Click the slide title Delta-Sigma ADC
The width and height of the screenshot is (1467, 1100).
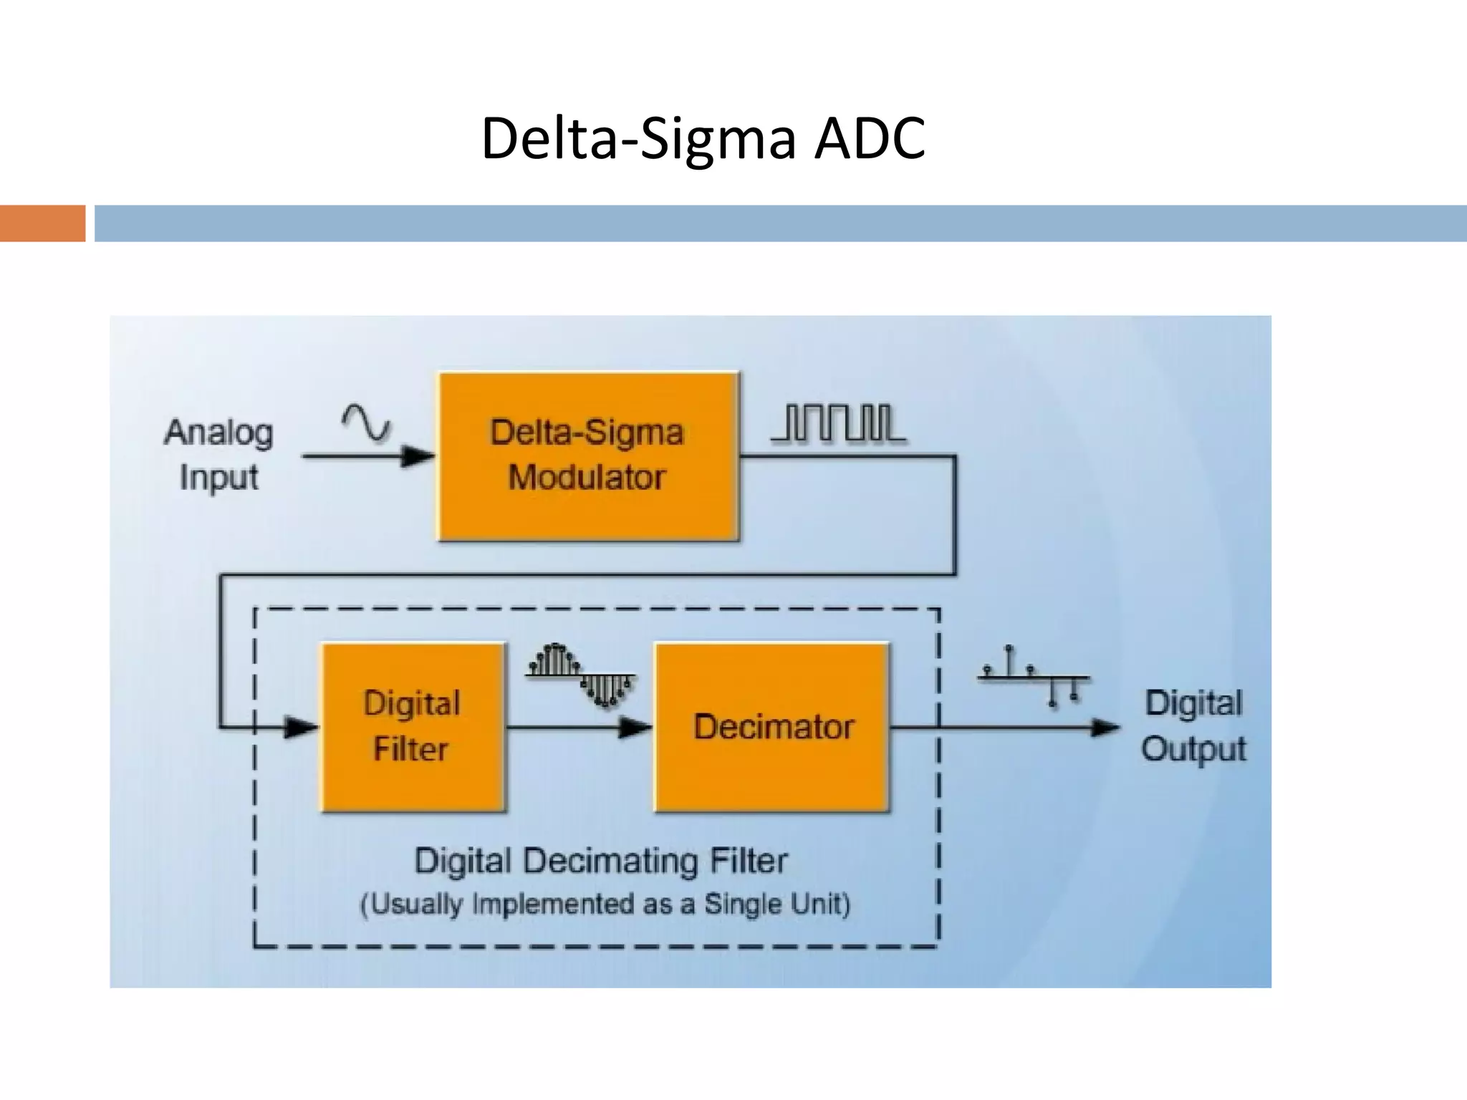[703, 137]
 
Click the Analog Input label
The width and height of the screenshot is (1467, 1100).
[218, 455]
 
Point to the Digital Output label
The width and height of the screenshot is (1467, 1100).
[1193, 725]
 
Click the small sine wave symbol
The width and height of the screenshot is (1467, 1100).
[366, 422]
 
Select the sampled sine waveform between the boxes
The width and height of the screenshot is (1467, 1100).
[581, 675]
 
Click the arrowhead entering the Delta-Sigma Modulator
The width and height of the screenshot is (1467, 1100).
[417, 455]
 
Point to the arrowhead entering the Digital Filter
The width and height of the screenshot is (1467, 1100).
[301, 728]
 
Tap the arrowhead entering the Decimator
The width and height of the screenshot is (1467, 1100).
[635, 728]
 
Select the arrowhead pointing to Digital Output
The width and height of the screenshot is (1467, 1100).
[1105, 728]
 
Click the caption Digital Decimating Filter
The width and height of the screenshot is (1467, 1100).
[601, 860]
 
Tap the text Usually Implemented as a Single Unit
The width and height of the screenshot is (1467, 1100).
[605, 904]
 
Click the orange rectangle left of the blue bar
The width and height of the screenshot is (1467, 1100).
[42, 223]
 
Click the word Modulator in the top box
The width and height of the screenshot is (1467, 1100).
[587, 477]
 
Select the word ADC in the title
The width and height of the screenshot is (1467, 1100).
[870, 137]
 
